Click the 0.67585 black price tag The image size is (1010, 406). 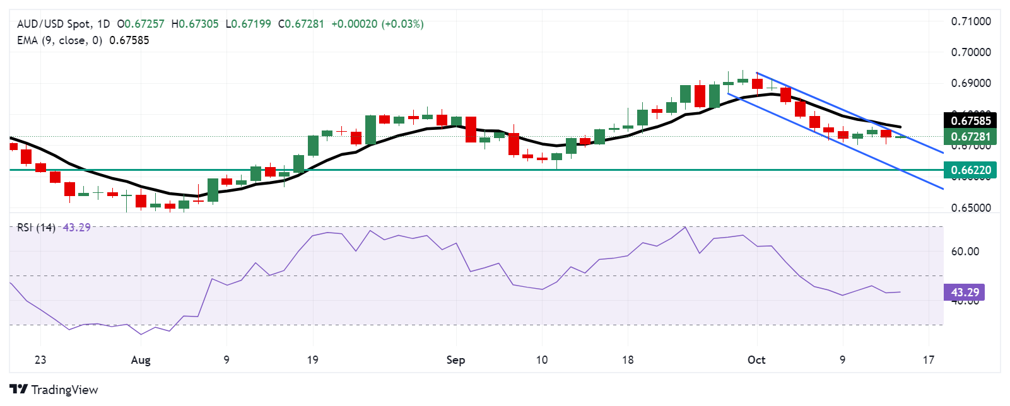pos(970,120)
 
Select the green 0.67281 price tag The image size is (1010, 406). pos(970,137)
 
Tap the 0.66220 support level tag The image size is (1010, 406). pos(970,170)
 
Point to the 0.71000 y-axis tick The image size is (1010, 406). pos(970,21)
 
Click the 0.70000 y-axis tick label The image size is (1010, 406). pos(970,52)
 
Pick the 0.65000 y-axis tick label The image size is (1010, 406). pos(970,208)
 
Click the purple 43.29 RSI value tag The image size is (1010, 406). pos(965,293)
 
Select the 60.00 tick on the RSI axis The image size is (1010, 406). pos(965,252)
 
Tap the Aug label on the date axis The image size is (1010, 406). pos(141,360)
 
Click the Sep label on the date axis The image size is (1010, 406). pos(455,360)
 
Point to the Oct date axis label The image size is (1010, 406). pos(756,360)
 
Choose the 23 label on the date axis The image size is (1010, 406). pos(40,360)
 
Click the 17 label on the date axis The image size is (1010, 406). pos(928,360)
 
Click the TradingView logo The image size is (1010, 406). pos(54,390)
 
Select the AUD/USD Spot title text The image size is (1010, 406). pos(54,24)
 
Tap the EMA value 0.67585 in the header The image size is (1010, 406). pos(129,40)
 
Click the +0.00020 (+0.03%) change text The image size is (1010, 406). pos(377,24)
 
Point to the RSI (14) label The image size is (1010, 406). pos(37,228)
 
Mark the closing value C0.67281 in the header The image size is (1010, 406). pos(301,24)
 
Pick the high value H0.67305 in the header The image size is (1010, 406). pos(195,24)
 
